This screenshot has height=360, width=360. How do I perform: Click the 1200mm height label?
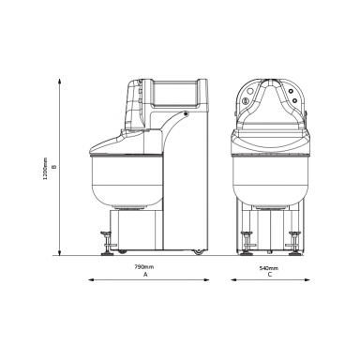point(45,169)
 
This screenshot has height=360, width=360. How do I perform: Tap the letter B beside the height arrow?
point(54,167)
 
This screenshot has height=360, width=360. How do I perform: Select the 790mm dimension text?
point(144,267)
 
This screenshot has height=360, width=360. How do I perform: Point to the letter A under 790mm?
point(145,275)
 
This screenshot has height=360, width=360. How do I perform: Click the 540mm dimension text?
point(269,268)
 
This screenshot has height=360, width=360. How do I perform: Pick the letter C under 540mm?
point(270,275)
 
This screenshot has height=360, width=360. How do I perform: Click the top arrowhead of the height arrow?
point(59,82)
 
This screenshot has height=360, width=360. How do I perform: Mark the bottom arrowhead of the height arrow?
point(59,252)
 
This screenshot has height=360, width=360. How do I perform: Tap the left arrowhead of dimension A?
point(91,280)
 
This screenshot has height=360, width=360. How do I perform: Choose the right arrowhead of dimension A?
point(206,280)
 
